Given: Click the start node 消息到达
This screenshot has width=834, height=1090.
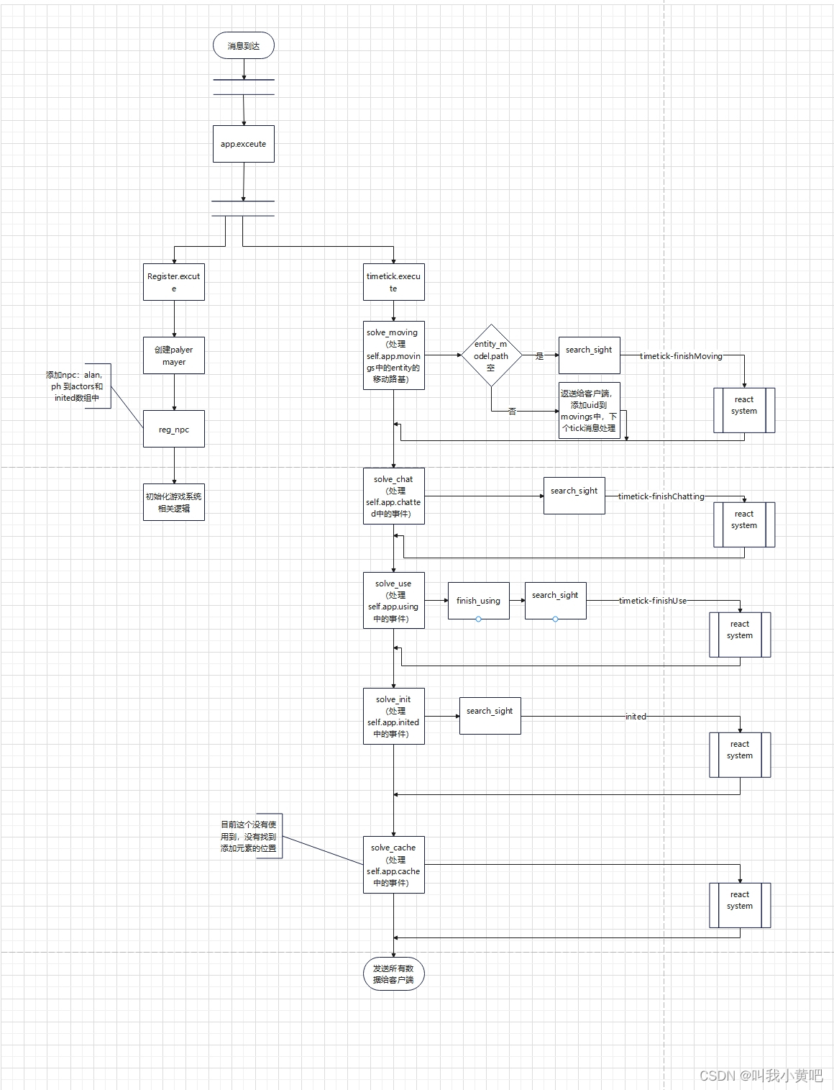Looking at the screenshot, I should coord(244,45).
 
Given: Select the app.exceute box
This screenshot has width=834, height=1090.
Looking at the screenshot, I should coord(244,144).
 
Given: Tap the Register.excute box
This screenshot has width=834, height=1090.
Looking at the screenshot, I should coord(174,282).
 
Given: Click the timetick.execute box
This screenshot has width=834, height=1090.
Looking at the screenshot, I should coord(393,282).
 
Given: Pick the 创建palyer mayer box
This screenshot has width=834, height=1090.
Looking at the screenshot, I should coord(174,355).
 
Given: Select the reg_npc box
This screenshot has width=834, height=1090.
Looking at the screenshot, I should coord(174,429).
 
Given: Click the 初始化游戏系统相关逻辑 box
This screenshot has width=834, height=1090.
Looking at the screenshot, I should coord(174,502).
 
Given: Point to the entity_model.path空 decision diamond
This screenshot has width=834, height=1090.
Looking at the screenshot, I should coord(491,355).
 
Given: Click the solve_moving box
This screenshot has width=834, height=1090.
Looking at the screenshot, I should coord(393,355).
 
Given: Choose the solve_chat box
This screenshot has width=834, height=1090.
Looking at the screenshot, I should coord(393,496).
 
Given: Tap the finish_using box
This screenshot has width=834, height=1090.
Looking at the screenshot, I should coord(478,601).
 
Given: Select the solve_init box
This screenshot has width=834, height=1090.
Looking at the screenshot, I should coord(393,717).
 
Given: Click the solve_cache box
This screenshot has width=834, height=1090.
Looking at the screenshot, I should coord(393,865).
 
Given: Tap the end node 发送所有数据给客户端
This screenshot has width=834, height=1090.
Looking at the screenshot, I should coord(393,974).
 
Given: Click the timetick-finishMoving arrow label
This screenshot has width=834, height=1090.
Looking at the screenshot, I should coord(681,356).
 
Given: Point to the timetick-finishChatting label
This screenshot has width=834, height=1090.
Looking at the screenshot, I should coord(661,496).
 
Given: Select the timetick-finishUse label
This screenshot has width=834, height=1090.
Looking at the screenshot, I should coord(652,601).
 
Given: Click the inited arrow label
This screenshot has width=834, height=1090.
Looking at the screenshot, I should coord(636,717).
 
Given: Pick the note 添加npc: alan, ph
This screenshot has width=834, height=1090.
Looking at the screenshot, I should coord(78,386).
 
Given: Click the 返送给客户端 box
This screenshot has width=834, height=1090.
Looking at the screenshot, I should coord(589,411).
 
